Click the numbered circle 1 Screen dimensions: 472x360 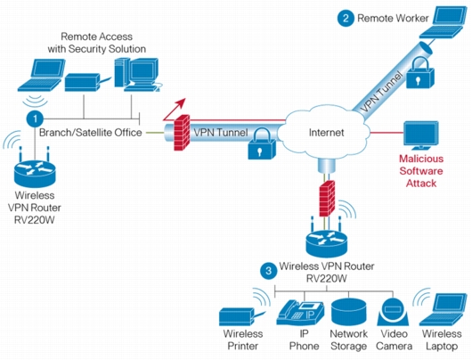tap(35, 119)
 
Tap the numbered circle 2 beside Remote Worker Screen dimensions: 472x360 tap(346, 18)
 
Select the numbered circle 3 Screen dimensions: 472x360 tap(269, 271)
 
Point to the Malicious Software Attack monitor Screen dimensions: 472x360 tap(421, 135)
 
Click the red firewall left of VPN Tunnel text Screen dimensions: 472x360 tap(182, 132)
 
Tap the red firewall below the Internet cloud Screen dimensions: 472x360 tap(327, 198)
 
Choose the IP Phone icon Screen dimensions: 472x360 tap(300, 313)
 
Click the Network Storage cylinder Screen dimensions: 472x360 tap(348, 312)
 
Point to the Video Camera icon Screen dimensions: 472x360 tap(393, 312)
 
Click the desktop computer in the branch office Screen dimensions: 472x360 tap(137, 75)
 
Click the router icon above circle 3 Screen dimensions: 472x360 tap(327, 240)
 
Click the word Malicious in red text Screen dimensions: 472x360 tap(421, 159)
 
